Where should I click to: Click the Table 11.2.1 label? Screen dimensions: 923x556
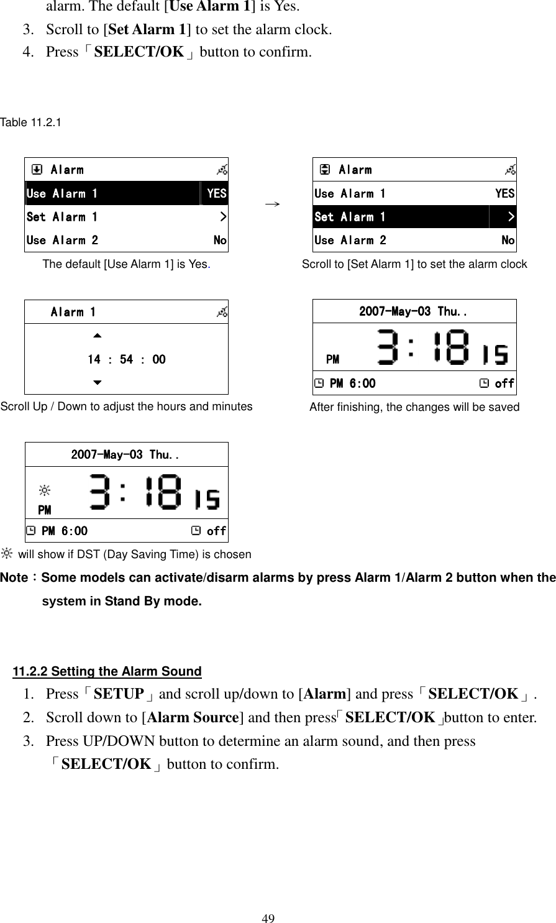(30, 122)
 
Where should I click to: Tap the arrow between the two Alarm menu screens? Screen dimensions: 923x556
(270, 204)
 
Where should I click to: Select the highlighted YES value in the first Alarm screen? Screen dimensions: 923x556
(216, 193)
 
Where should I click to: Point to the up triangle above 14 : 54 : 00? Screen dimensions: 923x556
(96, 336)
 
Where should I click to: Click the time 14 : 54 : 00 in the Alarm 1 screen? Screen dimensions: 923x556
(126, 359)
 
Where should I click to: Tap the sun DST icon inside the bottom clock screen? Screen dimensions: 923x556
(44, 492)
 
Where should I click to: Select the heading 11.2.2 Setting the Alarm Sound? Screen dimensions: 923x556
(107, 671)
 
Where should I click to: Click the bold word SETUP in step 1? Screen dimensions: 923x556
(118, 694)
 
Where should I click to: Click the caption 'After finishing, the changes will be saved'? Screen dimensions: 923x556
(414, 407)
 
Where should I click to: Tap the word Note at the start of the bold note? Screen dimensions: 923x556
(14, 577)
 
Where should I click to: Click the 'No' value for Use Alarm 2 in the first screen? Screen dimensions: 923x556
(220, 240)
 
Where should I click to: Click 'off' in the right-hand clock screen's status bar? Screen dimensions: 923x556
(504, 383)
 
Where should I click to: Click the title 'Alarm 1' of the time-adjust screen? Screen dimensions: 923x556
(73, 312)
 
